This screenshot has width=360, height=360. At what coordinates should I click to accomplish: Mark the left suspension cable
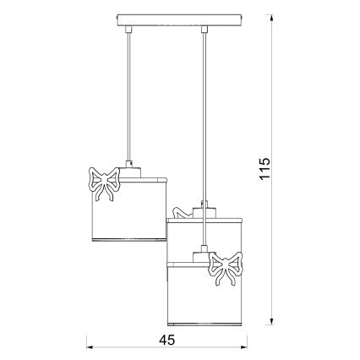(x=128, y=93)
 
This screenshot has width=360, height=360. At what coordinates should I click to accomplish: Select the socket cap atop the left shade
(x=128, y=170)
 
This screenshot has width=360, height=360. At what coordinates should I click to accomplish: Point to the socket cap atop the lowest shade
(x=203, y=254)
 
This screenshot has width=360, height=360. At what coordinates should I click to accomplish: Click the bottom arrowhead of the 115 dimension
(x=272, y=321)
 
